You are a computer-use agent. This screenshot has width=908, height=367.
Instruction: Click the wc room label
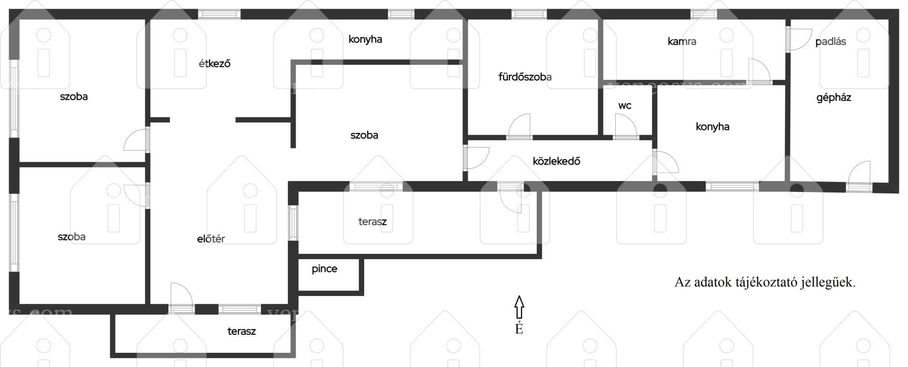[625, 105]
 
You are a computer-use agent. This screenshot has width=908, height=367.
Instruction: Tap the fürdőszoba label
[525, 77]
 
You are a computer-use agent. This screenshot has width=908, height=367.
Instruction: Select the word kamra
[682, 42]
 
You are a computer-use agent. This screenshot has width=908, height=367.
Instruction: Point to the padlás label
[830, 42]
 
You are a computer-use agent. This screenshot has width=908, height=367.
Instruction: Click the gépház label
[834, 98]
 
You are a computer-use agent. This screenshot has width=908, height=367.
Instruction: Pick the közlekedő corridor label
[557, 161]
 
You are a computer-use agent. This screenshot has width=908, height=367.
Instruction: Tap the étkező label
[215, 63]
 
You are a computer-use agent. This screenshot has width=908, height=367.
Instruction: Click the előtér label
[211, 239]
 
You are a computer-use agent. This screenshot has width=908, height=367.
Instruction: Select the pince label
[324, 269]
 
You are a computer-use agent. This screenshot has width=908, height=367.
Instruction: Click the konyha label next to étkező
[365, 39]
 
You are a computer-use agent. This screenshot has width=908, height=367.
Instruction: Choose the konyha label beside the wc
[713, 127]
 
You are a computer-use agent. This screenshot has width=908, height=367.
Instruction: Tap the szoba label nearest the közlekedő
[364, 135]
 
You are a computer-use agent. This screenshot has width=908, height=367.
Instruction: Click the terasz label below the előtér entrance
[242, 331]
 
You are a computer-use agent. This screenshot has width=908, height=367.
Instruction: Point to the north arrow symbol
[519, 307]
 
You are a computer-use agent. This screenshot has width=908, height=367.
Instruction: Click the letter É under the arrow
[519, 328]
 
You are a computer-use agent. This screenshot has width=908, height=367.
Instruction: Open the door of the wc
[626, 126]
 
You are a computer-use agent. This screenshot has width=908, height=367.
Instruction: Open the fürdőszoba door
[519, 126]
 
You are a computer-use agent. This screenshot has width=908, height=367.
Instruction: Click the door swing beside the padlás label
[799, 39]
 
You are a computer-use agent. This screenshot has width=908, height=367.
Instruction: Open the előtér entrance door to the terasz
[182, 297]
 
